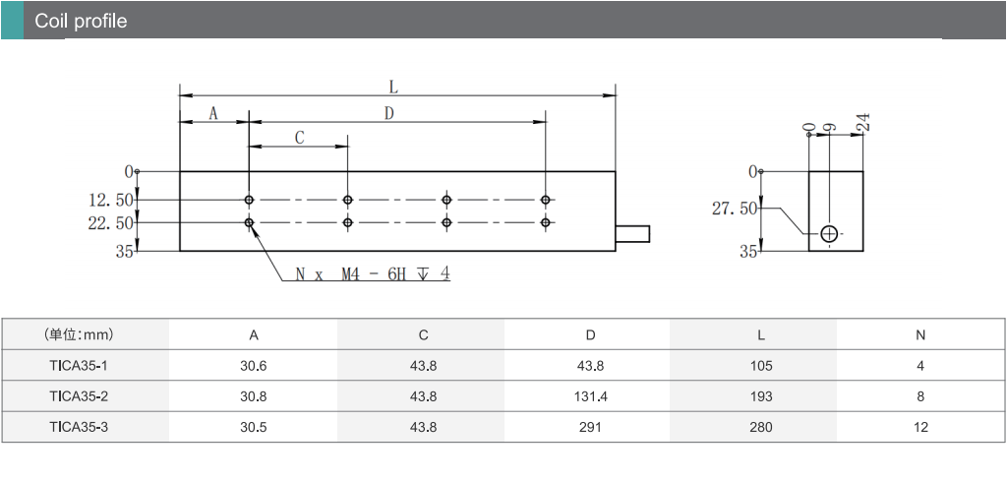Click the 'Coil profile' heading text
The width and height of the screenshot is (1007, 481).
pos(81,21)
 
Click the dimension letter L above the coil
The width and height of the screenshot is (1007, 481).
pos(393,88)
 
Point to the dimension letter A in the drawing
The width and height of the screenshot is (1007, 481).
pos(213,114)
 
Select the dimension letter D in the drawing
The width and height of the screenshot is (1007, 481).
pos(388,114)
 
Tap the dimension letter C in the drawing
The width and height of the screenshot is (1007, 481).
pos(299,138)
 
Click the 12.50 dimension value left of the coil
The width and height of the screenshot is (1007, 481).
pos(110,201)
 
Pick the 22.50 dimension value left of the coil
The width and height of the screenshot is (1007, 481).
pos(110,223)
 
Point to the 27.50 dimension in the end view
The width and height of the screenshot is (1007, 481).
pos(735,210)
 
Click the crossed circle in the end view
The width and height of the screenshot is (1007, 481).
pos(829,233)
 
